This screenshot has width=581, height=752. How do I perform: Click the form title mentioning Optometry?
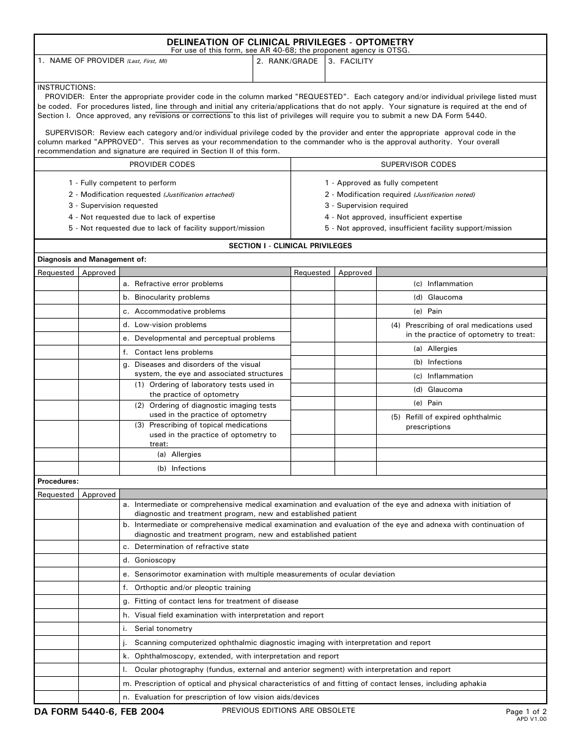tap(290, 42)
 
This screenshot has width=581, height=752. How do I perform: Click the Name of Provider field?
tap(144, 72)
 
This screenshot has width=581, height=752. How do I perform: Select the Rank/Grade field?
tap(288, 72)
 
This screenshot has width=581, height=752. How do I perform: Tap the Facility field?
tap(435, 72)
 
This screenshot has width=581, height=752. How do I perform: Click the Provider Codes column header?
tap(162, 164)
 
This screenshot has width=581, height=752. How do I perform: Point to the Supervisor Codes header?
tap(418, 164)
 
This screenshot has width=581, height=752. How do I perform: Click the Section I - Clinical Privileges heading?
tap(290, 246)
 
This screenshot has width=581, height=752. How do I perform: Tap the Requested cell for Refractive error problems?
tap(56, 284)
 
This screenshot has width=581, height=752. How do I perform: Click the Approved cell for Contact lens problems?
tap(99, 352)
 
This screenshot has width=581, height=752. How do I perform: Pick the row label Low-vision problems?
tap(170, 325)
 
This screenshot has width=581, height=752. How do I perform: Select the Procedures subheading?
tap(58, 481)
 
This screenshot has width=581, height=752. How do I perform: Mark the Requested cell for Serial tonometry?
tap(56, 629)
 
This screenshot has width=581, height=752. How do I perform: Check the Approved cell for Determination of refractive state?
tap(99, 547)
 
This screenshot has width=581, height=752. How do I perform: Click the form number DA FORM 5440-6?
tap(99, 712)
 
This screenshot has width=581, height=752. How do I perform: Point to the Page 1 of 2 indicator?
tap(526, 712)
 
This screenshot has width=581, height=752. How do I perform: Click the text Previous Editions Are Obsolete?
tap(288, 710)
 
